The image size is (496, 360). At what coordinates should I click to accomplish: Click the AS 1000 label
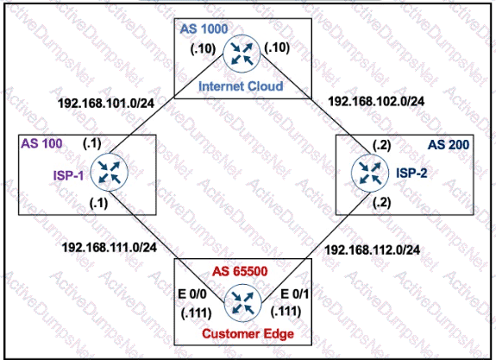[204, 29]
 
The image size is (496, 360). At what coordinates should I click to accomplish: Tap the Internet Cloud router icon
[242, 54]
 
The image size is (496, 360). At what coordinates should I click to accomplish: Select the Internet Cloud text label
[241, 86]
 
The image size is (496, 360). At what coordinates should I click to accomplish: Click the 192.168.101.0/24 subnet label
[106, 104]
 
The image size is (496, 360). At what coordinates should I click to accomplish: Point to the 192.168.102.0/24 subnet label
[376, 101]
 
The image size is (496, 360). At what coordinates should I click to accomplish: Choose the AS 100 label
[41, 144]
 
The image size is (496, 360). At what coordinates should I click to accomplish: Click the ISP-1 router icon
[110, 173]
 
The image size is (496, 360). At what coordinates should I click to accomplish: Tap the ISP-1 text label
[68, 175]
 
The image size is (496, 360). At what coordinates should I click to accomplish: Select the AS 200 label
[449, 145]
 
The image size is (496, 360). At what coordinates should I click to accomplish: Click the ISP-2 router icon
[370, 174]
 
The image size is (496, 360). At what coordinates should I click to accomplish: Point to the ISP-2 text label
[411, 174]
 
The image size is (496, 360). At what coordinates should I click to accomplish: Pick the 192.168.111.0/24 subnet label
[110, 247]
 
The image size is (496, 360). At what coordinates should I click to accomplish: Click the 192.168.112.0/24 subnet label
[373, 249]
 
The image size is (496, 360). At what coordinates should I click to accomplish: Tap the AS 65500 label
[240, 271]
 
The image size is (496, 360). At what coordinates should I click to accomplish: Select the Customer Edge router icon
[243, 303]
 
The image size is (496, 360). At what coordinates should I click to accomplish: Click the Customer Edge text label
[248, 334]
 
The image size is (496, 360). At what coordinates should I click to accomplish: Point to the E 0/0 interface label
[192, 294]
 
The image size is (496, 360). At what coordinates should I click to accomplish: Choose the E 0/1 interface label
[294, 294]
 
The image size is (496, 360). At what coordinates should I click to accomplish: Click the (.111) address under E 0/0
[196, 313]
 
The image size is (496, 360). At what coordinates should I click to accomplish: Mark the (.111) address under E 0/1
[286, 312]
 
